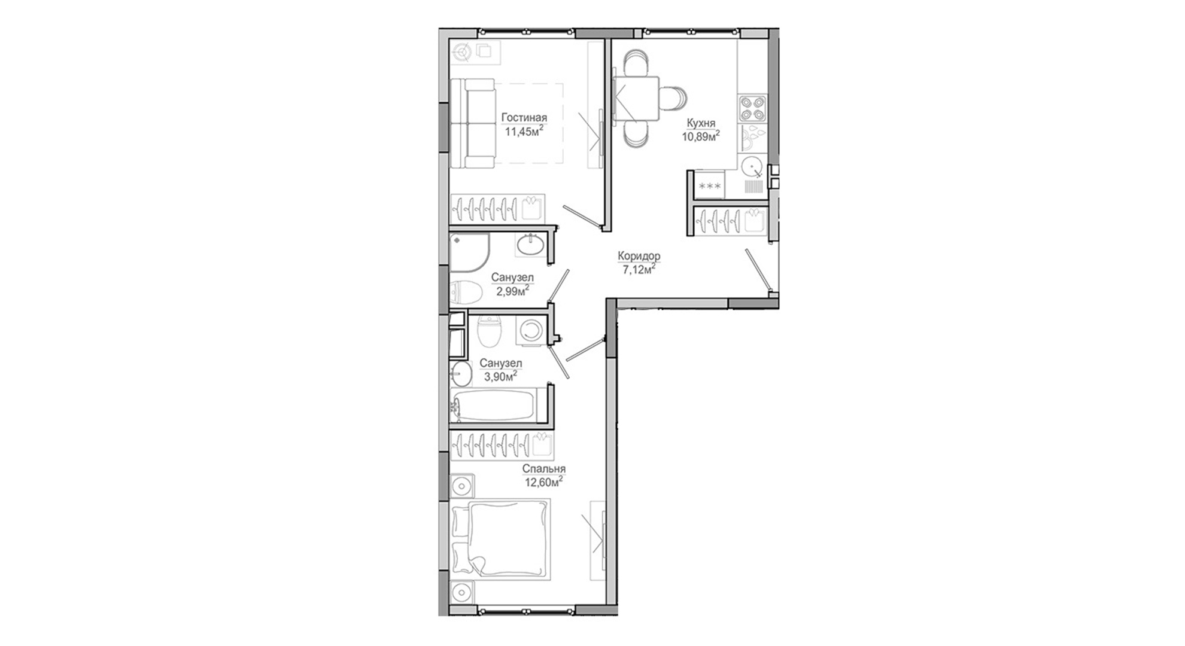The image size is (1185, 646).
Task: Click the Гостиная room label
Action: [x=524, y=118]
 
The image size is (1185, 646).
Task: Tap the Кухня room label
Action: [x=701, y=123]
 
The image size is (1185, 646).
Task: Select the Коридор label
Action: [x=639, y=256]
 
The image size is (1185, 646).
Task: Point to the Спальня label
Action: [x=543, y=469]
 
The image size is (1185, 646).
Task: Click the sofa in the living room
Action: [x=473, y=123]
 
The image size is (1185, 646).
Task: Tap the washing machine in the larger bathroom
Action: [x=531, y=331]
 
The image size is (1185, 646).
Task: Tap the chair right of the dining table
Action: [x=673, y=98]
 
